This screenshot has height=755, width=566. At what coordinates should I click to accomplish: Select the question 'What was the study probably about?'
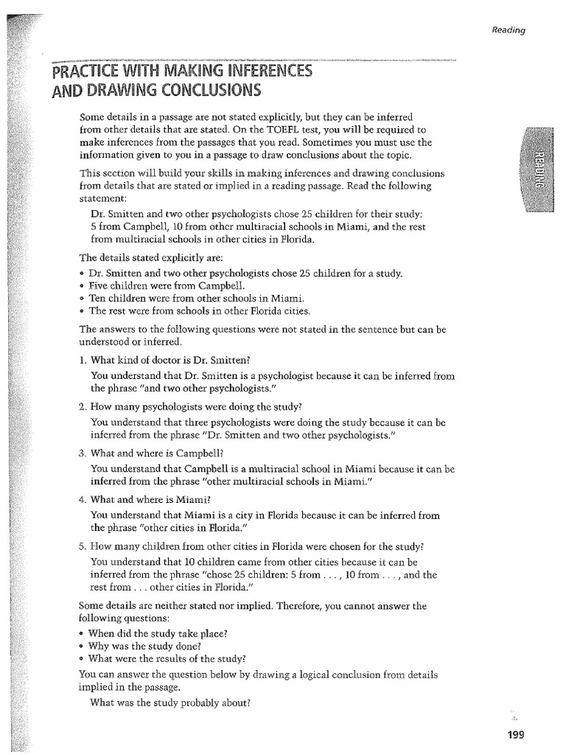[170, 703]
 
